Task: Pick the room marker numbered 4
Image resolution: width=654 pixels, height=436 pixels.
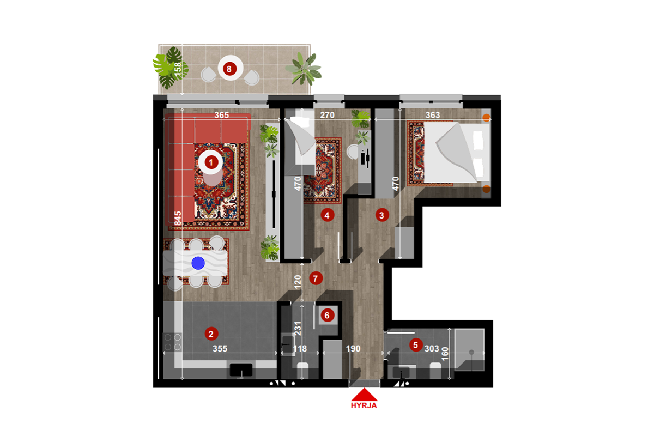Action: (x=327, y=215)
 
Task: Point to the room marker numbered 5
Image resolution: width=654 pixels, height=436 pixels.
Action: (x=416, y=344)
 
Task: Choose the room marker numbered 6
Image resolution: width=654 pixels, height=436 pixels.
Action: (x=327, y=314)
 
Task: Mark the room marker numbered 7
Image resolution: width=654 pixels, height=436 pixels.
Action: (x=315, y=278)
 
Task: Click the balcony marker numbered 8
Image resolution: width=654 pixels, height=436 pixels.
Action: (x=229, y=69)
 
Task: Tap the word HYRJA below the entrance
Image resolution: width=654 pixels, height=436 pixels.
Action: (x=364, y=405)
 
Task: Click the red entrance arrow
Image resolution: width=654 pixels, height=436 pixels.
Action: (x=364, y=395)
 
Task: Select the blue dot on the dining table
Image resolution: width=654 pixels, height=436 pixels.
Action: (x=198, y=263)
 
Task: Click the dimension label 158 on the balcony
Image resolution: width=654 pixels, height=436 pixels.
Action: (x=178, y=69)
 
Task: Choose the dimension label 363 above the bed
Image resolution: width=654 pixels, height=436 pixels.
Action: (x=432, y=116)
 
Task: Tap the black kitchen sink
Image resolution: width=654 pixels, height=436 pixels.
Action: (x=241, y=370)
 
